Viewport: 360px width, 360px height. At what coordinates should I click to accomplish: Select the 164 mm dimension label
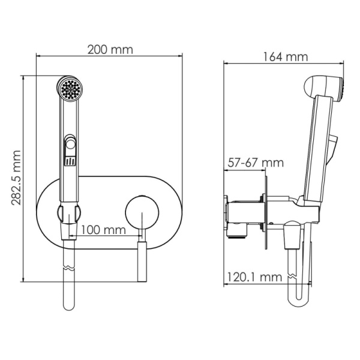tap(285, 57)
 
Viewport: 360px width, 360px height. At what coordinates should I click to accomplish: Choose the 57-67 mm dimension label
tap(256, 163)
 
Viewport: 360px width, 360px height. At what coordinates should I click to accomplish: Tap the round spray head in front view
tap(70, 90)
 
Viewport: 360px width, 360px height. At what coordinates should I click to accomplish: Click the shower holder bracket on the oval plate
tap(70, 213)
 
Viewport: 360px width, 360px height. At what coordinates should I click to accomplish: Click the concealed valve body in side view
tap(243, 213)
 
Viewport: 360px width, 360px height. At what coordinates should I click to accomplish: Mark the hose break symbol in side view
tap(293, 277)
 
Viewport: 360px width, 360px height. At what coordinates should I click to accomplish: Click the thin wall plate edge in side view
tap(265, 209)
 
